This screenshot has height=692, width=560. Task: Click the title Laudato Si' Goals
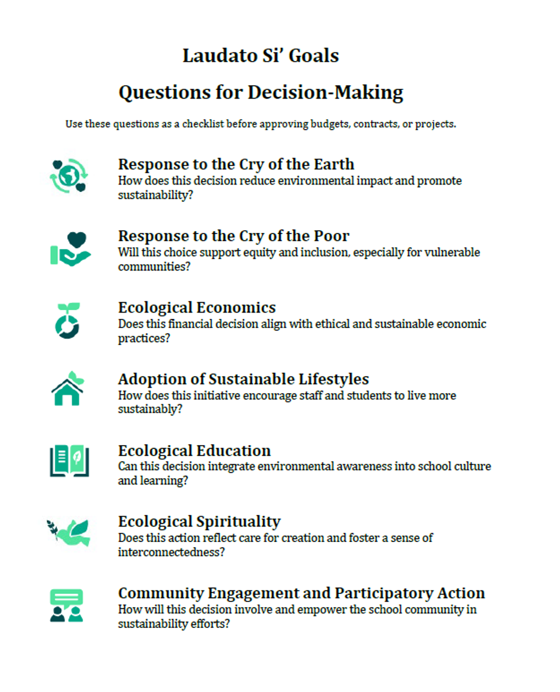[x=261, y=56]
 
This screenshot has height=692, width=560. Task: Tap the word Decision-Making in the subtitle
[x=325, y=92]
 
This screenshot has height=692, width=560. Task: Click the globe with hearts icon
[x=68, y=175]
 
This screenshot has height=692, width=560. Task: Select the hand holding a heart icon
[x=70, y=249]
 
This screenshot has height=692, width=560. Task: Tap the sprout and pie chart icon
[x=68, y=320]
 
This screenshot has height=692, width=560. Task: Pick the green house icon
[x=68, y=389]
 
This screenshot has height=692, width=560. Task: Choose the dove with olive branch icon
[x=69, y=532]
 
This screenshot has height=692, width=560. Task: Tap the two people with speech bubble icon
[x=66, y=604]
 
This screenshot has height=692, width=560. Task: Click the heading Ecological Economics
[x=197, y=307]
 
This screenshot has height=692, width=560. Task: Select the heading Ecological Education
[x=195, y=450]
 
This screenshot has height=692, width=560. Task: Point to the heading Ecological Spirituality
[x=199, y=522]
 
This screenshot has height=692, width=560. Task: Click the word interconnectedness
[x=171, y=552]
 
